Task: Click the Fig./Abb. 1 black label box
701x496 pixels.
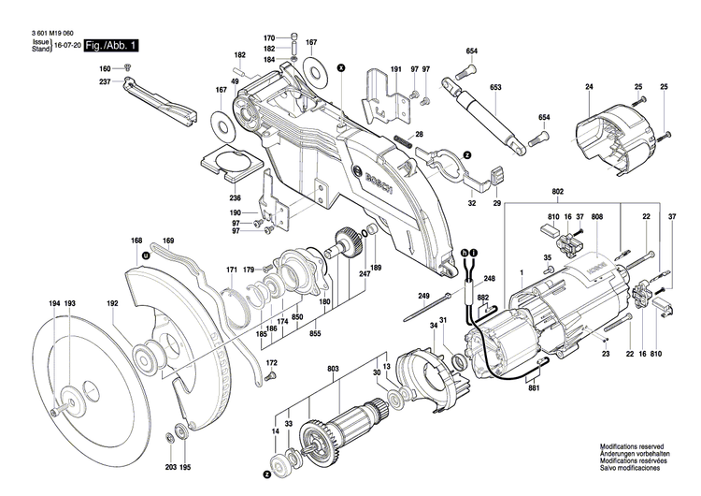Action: pyautogui.click(x=111, y=45)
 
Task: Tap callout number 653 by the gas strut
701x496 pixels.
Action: pyautogui.click(x=496, y=88)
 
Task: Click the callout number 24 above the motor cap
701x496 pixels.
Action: pyautogui.click(x=589, y=87)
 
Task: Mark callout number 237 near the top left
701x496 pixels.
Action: pyautogui.click(x=106, y=81)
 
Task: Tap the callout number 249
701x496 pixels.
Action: pyautogui.click(x=423, y=297)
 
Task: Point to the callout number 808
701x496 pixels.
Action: pyautogui.click(x=597, y=217)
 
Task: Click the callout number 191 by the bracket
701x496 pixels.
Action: pyautogui.click(x=395, y=69)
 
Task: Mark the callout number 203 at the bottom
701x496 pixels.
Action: pyautogui.click(x=171, y=466)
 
